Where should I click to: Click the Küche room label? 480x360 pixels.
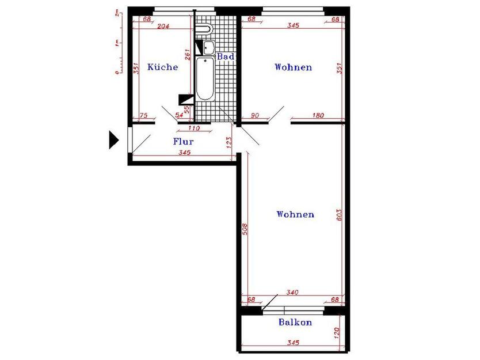[x=162, y=67]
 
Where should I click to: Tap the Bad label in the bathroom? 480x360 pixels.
[x=226, y=56]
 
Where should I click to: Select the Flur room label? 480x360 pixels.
[x=184, y=141]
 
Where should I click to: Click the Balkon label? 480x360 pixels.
[x=295, y=322]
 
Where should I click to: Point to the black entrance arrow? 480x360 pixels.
[x=114, y=140]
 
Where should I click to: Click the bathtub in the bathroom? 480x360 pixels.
[x=205, y=79]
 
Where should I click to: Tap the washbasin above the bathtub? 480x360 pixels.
[x=209, y=47]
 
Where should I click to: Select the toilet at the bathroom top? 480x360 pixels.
[x=203, y=29]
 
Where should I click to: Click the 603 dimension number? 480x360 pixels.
[x=339, y=215]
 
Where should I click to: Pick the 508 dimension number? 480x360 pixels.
[x=245, y=229]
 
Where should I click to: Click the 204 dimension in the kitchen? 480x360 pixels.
[x=163, y=26]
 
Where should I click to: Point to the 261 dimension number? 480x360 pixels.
[x=188, y=55]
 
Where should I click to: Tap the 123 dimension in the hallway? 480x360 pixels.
[x=229, y=142]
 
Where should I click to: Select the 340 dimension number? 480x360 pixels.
[x=292, y=293]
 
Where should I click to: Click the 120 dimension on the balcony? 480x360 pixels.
[x=337, y=333]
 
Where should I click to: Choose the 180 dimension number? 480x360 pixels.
[x=318, y=116]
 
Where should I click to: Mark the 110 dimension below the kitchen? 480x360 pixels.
[x=193, y=128]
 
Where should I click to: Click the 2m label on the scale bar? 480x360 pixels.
[x=117, y=13]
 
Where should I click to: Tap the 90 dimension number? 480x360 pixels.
[x=255, y=116]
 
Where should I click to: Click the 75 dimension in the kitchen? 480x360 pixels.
[x=143, y=116]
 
